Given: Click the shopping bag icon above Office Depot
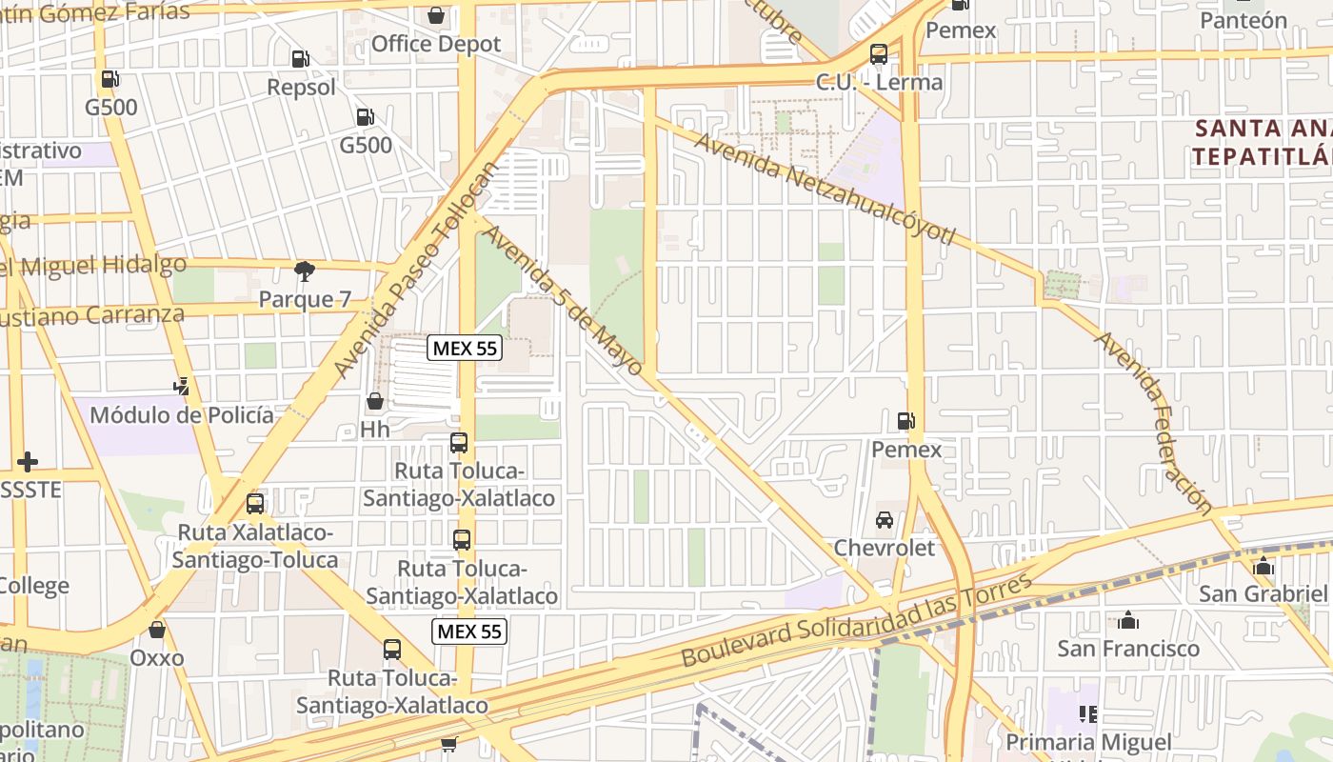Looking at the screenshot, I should (x=436, y=15).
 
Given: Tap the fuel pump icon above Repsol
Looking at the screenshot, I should (x=300, y=59).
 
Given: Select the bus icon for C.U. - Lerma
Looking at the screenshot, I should (x=878, y=54).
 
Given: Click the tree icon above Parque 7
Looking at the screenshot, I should (x=305, y=271).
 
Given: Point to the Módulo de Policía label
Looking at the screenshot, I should (x=181, y=415).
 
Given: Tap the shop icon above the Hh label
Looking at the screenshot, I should (x=375, y=402).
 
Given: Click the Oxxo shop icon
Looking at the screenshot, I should (x=157, y=630).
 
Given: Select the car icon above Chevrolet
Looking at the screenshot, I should (x=885, y=520).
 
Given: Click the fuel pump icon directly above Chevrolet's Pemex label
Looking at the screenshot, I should (x=905, y=421).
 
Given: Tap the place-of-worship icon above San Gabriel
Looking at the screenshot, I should (x=1263, y=566).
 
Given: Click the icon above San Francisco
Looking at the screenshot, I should (x=1128, y=621).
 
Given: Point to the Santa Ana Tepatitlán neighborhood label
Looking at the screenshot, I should (x=1263, y=142).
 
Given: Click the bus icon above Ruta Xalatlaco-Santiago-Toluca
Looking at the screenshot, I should (x=254, y=504).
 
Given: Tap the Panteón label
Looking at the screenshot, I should (x=1243, y=20).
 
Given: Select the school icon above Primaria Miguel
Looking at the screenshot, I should (x=1088, y=713).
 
